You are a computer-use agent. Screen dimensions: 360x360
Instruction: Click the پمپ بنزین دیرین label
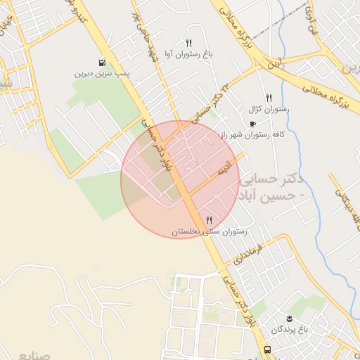click(x=104, y=73)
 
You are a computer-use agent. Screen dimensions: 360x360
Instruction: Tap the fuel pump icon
click(x=103, y=63)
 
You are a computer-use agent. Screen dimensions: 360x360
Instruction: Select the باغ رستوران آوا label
click(x=189, y=53)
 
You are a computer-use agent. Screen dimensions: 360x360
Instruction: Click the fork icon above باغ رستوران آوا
click(x=188, y=43)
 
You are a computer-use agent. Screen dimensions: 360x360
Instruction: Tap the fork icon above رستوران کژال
click(x=269, y=98)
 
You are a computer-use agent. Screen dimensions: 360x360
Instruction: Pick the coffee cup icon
click(x=252, y=124)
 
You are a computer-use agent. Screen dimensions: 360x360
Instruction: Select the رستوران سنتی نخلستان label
click(x=208, y=231)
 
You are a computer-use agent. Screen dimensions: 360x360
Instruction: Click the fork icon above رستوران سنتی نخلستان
click(x=209, y=221)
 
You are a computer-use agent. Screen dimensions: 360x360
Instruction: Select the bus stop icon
click(x=267, y=349)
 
